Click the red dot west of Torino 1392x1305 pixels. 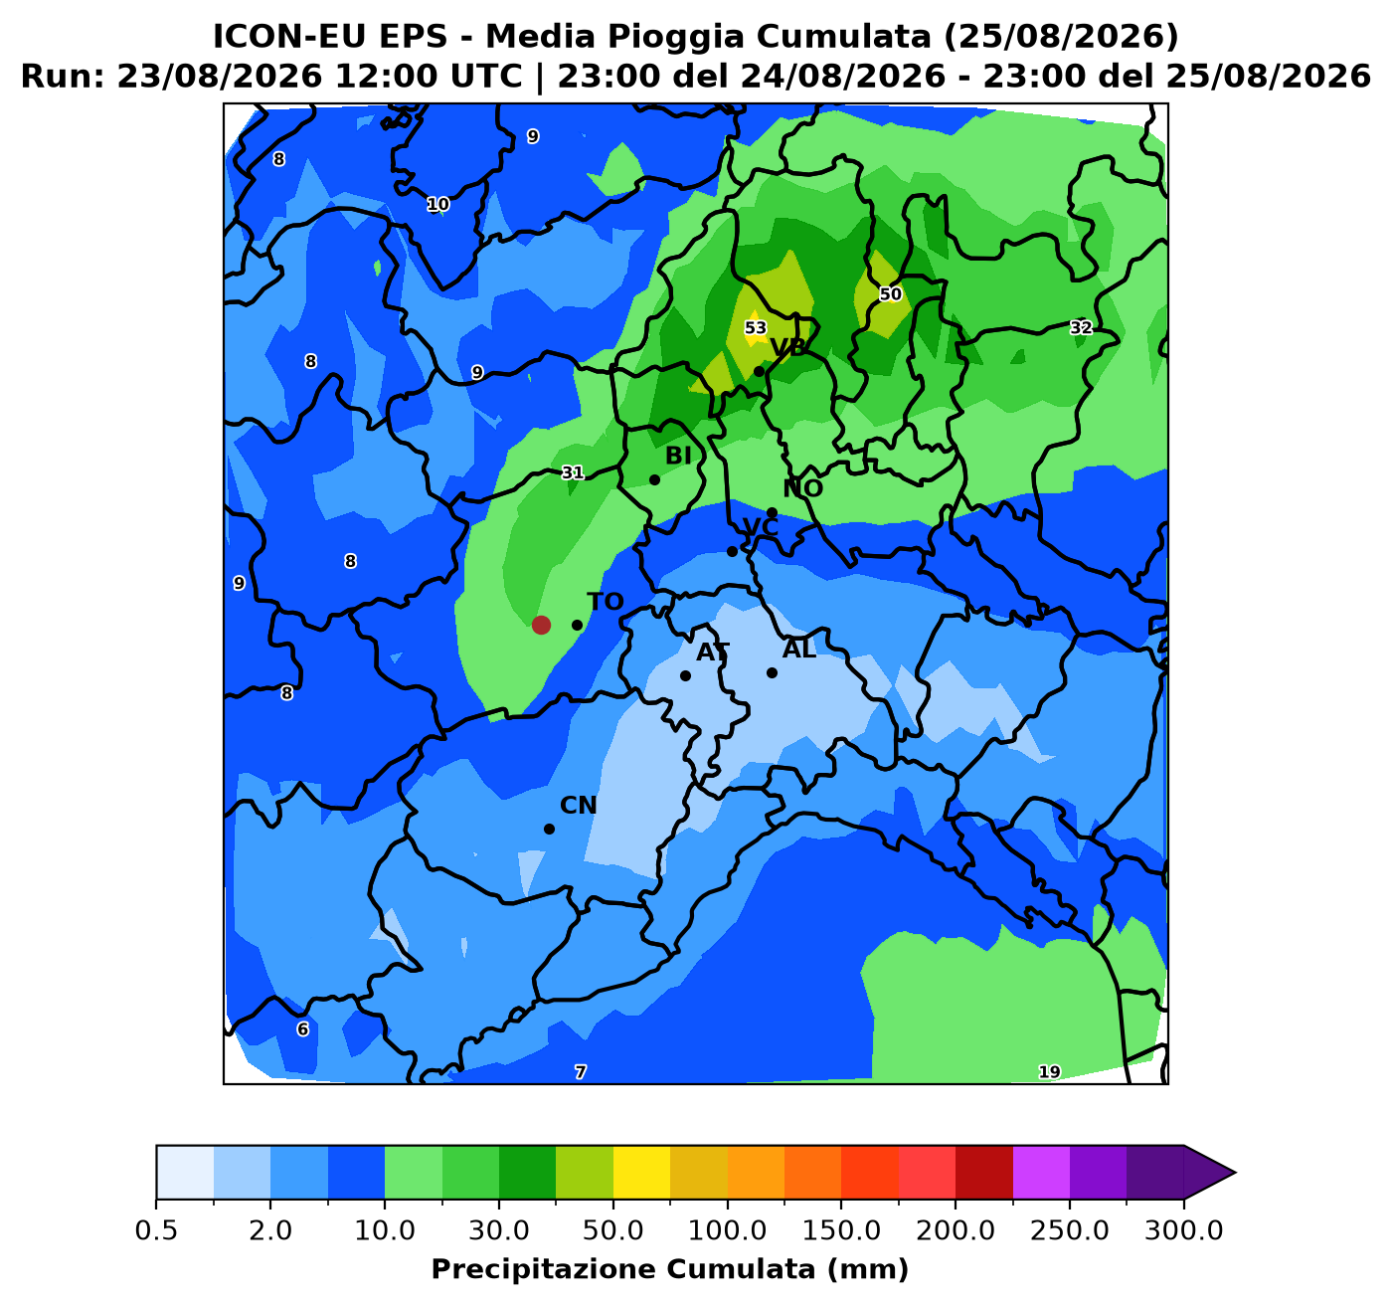point(541,625)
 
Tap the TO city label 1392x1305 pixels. point(605,602)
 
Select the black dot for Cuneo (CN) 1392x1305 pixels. point(549,829)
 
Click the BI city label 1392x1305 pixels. point(678,456)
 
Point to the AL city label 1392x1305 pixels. point(799,650)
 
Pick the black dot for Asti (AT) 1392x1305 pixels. point(685,675)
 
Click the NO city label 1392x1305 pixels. point(802,488)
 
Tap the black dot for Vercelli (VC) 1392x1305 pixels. point(732,551)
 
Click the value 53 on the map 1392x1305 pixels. point(755,327)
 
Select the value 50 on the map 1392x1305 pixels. point(890,293)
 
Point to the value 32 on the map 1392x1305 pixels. point(1081,327)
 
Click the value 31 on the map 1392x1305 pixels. point(573,472)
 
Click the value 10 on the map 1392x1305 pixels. point(438,204)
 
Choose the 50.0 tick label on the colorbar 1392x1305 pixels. point(613,1230)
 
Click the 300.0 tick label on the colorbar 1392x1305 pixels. point(1184,1230)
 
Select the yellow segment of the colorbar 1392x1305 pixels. point(641,1173)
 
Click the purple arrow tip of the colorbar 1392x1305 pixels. point(1235,1173)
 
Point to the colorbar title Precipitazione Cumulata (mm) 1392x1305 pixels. point(669,1269)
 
